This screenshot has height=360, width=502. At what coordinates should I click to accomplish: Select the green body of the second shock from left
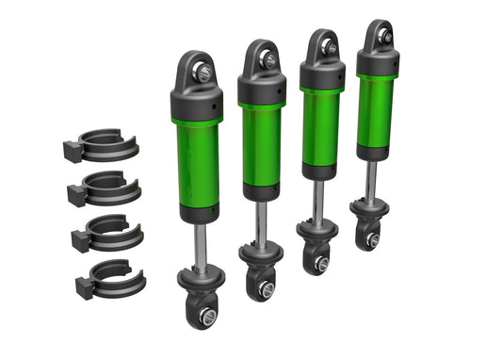tap(261, 142)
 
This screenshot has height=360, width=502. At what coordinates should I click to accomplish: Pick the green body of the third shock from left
tap(321, 128)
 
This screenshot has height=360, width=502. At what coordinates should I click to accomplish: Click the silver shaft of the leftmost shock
tap(200, 243)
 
